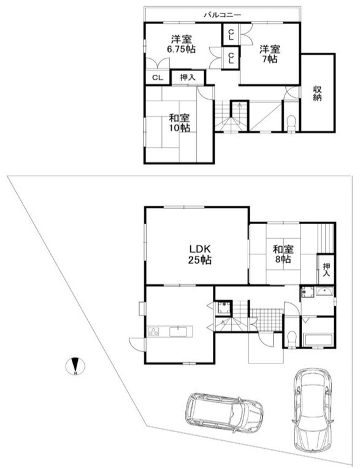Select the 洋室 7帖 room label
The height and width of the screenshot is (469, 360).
(269, 53)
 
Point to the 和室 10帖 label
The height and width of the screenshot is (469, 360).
(179, 122)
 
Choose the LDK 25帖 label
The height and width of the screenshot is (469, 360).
(200, 255)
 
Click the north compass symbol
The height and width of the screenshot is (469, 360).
(74, 366)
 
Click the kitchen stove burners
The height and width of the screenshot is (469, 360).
(152, 332)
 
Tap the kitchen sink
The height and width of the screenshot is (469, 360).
(181, 331)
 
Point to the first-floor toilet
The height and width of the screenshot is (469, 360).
(292, 338)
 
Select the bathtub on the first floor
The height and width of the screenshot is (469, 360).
(318, 339)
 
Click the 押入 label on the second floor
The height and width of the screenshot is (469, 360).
(188, 77)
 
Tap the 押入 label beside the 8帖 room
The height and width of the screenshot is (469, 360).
(326, 269)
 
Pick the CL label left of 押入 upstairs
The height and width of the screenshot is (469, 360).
(158, 77)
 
